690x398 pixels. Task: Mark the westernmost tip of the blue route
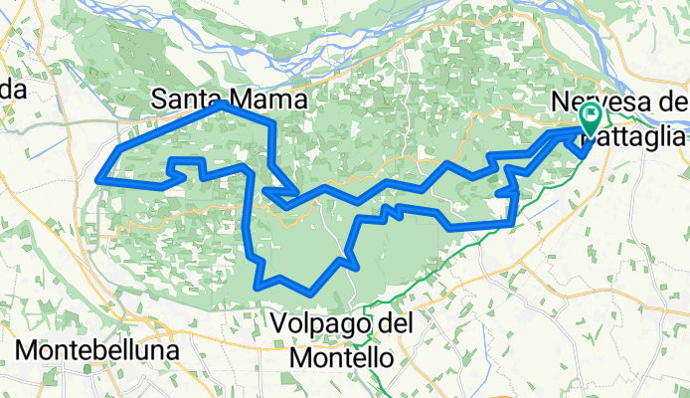pos(96,179)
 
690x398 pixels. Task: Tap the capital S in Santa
pos(161,99)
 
